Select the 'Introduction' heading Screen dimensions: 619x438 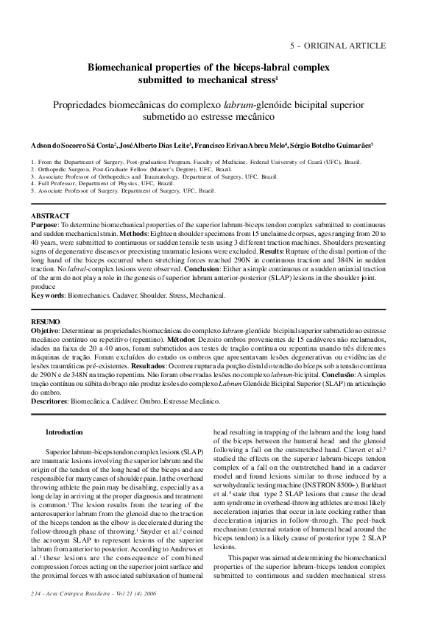[64, 432]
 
